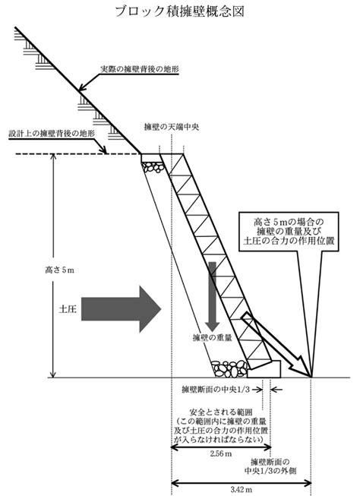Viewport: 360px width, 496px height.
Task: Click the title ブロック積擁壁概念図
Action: tap(180, 11)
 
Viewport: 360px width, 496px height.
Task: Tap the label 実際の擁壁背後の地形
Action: tap(140, 68)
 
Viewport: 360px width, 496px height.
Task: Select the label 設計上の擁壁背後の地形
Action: tap(52, 134)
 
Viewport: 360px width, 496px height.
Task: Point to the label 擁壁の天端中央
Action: tap(172, 127)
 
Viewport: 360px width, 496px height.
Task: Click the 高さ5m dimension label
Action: tap(59, 270)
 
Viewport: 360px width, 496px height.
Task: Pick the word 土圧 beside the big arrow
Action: tap(68, 309)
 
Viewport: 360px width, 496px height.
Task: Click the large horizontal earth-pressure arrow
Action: tap(122, 309)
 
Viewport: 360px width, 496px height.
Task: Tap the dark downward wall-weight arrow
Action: tap(212, 296)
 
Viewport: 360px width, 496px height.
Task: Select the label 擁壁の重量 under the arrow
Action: tap(212, 337)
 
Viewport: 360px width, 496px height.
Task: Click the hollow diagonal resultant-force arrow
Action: tap(276, 344)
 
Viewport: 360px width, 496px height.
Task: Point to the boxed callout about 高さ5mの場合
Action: tap(289, 232)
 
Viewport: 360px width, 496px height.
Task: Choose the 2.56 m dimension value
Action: tap(221, 454)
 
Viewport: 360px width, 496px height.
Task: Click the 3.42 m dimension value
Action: tap(241, 490)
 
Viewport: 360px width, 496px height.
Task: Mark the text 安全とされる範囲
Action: tap(220, 412)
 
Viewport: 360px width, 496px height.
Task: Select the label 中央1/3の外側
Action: tap(270, 471)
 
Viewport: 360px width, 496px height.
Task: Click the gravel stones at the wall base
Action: tap(229, 368)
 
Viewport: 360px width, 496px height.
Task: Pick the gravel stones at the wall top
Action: tap(153, 167)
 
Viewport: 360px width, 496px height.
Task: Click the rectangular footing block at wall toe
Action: tap(264, 369)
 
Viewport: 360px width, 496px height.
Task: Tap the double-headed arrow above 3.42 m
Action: tap(242, 483)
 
